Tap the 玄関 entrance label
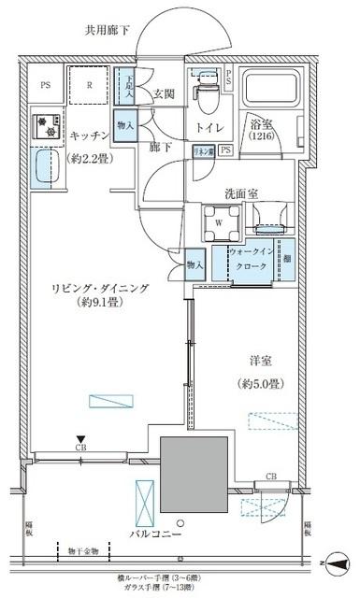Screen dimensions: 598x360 [165, 93]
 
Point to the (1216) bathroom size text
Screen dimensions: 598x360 [264, 137]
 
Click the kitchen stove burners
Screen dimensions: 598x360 [43, 125]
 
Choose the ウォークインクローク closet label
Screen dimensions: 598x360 [250, 258]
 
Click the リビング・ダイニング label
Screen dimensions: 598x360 [99, 290]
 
